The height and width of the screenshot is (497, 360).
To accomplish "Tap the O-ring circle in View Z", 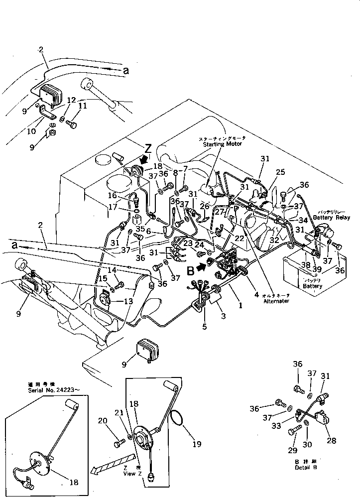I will pos(178,419).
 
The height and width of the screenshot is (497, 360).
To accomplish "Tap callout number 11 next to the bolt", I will pos(82,106).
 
